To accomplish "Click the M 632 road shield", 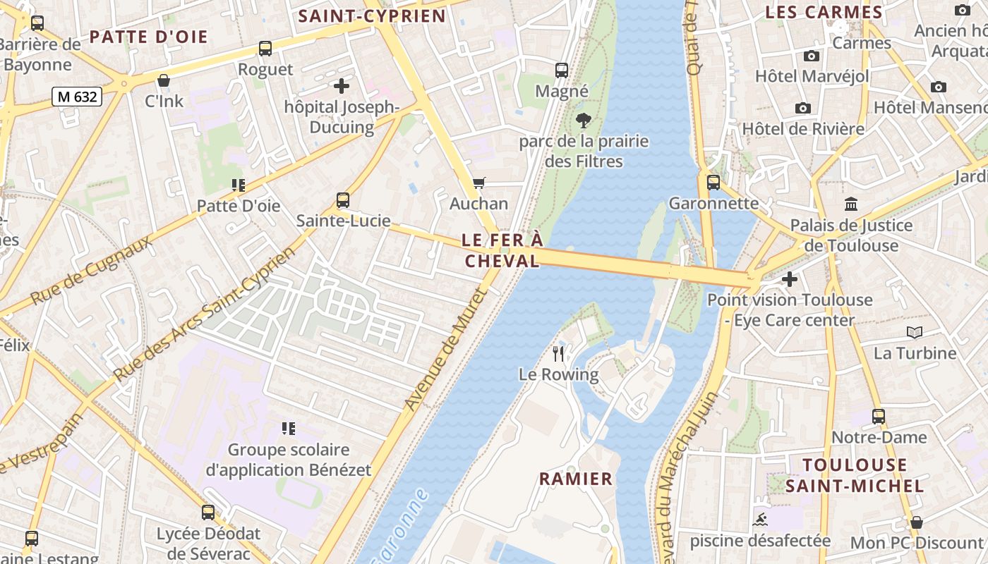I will click(x=77, y=97).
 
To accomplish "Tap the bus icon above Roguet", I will click(x=265, y=49).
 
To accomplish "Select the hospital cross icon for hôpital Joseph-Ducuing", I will click(x=342, y=86).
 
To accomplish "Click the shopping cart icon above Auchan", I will click(x=479, y=183).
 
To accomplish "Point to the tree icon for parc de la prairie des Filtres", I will click(x=583, y=121).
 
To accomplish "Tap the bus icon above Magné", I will click(x=562, y=70).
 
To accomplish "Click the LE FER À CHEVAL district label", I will click(x=502, y=250).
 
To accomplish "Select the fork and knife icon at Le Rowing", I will click(x=559, y=353).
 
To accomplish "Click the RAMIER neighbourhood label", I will click(x=576, y=479).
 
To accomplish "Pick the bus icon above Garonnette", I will click(x=713, y=183).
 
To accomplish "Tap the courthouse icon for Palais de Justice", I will click(x=851, y=204).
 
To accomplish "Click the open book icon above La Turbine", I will click(x=915, y=332).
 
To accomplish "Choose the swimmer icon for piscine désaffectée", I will click(x=760, y=520).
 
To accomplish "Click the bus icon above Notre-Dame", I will click(x=878, y=416).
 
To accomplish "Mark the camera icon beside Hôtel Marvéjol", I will click(x=812, y=56).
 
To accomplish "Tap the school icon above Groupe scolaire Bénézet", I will click(x=288, y=428).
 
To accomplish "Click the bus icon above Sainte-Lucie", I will click(x=343, y=200).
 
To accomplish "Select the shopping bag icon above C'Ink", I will click(x=164, y=80).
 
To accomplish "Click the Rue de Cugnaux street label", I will click(x=91, y=271).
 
